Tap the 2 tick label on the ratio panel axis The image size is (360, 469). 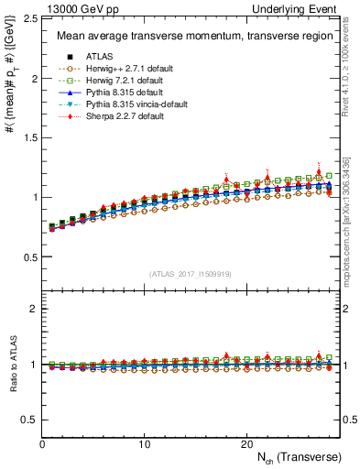[33, 309]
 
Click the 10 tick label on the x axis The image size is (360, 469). [145, 444]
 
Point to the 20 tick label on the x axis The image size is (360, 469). [246, 444]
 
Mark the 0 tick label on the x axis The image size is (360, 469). [42, 444]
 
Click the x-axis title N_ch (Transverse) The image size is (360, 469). [300, 456]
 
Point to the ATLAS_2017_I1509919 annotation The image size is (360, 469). [191, 274]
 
